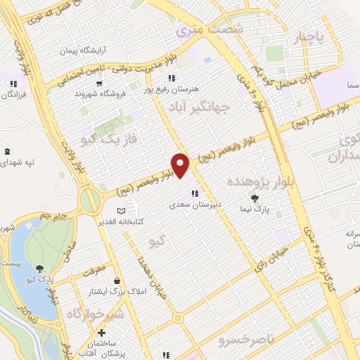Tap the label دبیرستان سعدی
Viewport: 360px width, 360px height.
coord(195,206)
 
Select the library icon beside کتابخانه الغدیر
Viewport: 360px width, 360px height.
coord(121,211)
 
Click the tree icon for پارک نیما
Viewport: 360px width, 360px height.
coord(255,199)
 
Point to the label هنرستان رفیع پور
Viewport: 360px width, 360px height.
coord(172,90)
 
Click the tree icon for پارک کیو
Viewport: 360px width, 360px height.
coord(39,268)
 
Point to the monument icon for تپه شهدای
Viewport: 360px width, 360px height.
coord(7,152)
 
